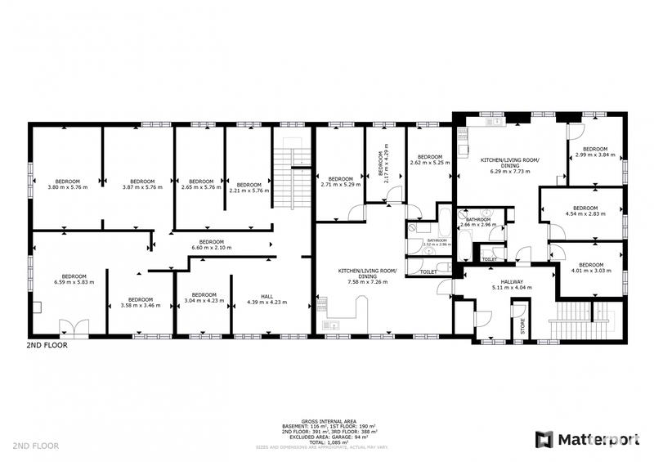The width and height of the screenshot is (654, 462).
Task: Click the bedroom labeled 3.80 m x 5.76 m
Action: (67, 184)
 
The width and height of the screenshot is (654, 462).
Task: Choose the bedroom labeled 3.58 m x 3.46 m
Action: (141, 302)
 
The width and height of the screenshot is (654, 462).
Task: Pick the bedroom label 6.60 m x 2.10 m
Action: (212, 244)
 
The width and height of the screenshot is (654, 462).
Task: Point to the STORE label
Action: (521, 324)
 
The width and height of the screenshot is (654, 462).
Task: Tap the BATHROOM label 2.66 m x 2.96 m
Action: (477, 222)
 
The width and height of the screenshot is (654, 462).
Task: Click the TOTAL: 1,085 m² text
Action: (327, 442)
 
